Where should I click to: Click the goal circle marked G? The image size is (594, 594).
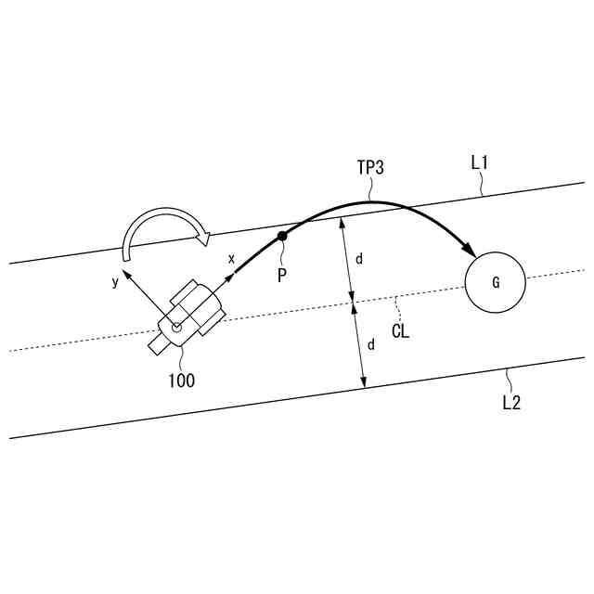click(x=496, y=282)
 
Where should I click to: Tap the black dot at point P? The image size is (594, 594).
click(x=283, y=237)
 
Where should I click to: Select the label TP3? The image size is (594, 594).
click(x=370, y=168)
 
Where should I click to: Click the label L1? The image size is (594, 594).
click(x=480, y=162)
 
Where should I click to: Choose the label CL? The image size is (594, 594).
click(x=400, y=330)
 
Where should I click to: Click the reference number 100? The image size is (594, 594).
click(x=182, y=380)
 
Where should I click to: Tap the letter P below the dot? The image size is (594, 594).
click(x=282, y=275)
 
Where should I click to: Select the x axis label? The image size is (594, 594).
click(x=231, y=258)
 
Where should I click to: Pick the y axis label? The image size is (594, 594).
click(x=115, y=281)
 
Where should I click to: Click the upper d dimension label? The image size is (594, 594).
click(x=358, y=259)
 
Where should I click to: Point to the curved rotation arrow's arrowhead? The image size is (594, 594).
click(x=201, y=239)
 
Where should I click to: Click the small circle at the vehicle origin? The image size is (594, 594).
click(x=176, y=325)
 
